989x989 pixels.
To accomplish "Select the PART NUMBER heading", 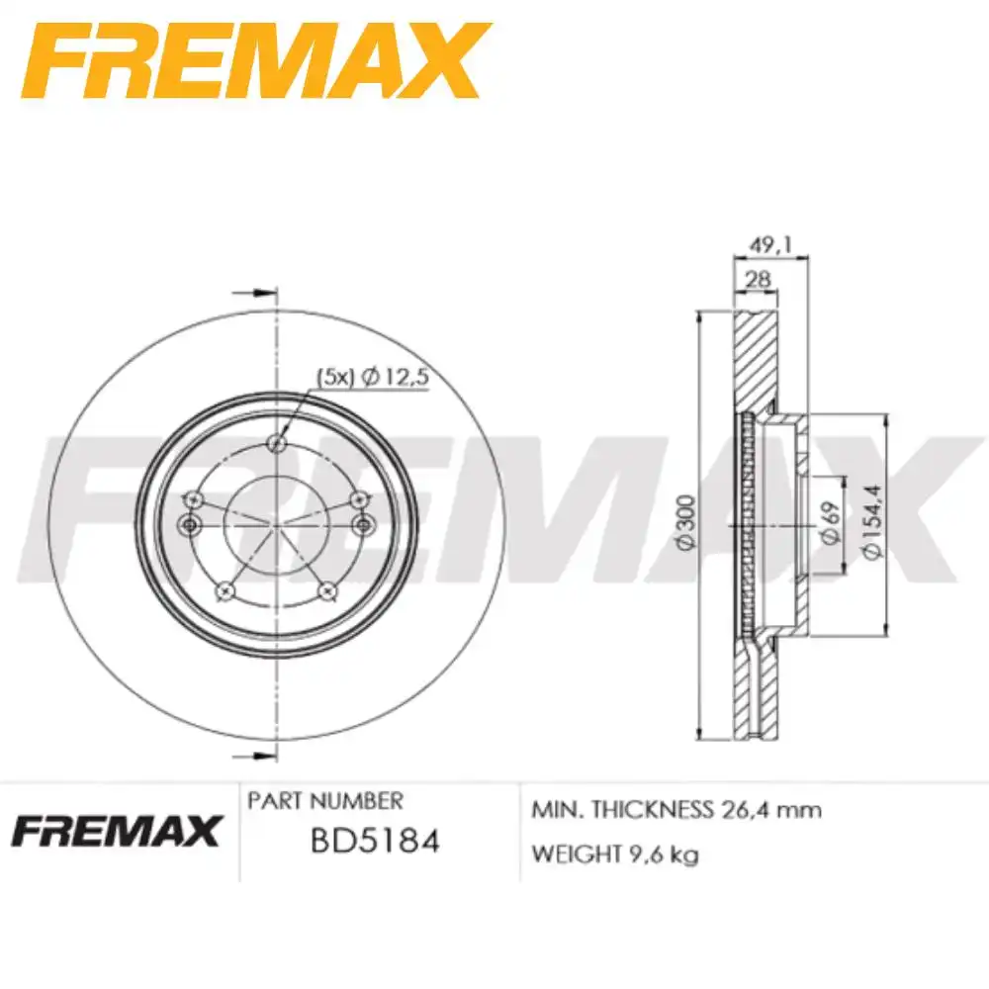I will pyautogui.click(x=325, y=800).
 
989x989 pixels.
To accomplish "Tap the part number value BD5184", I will pyautogui.click(x=375, y=842).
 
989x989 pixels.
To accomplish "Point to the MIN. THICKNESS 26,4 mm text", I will pyautogui.click(x=676, y=810).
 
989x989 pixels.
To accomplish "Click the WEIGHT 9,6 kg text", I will pyautogui.click(x=614, y=854).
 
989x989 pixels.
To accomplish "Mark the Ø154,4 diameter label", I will pyautogui.click(x=871, y=523).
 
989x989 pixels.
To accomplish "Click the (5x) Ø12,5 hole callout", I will pyautogui.click(x=374, y=376).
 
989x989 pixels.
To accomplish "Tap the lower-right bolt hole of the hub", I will pyautogui.click(x=327, y=590).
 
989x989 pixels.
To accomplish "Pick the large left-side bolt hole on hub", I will pyautogui.click(x=191, y=523).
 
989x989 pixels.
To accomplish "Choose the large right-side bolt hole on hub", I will pyautogui.click(x=361, y=523).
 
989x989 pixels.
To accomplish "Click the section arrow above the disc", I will pyautogui.click(x=252, y=293).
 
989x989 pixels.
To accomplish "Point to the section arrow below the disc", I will pyautogui.click(x=252, y=756).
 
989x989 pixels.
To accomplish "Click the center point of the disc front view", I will pyautogui.click(x=276, y=523).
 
